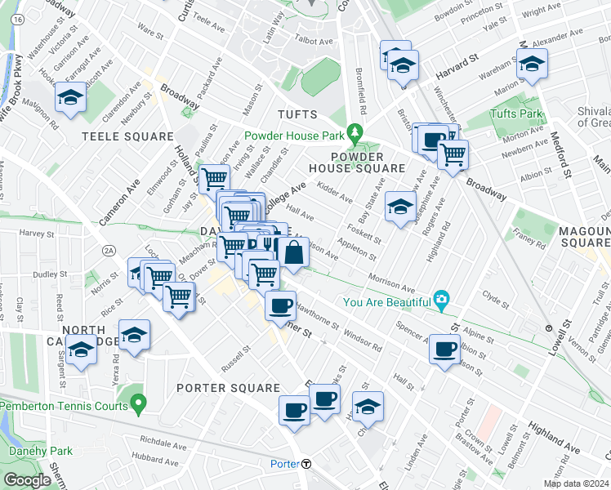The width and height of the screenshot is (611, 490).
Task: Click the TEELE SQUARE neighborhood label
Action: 127,136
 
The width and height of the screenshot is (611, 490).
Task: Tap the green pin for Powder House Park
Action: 355,131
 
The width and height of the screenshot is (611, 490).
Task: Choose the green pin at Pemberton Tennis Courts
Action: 140,403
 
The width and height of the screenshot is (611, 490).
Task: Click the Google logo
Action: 28,480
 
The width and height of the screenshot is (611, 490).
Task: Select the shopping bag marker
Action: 294,253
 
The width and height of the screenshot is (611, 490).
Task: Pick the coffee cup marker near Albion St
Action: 444,350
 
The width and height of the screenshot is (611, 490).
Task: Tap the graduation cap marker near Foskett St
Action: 400,206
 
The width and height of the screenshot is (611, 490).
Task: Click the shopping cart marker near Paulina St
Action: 214,177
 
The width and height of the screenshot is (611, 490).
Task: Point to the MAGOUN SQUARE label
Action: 584,238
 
